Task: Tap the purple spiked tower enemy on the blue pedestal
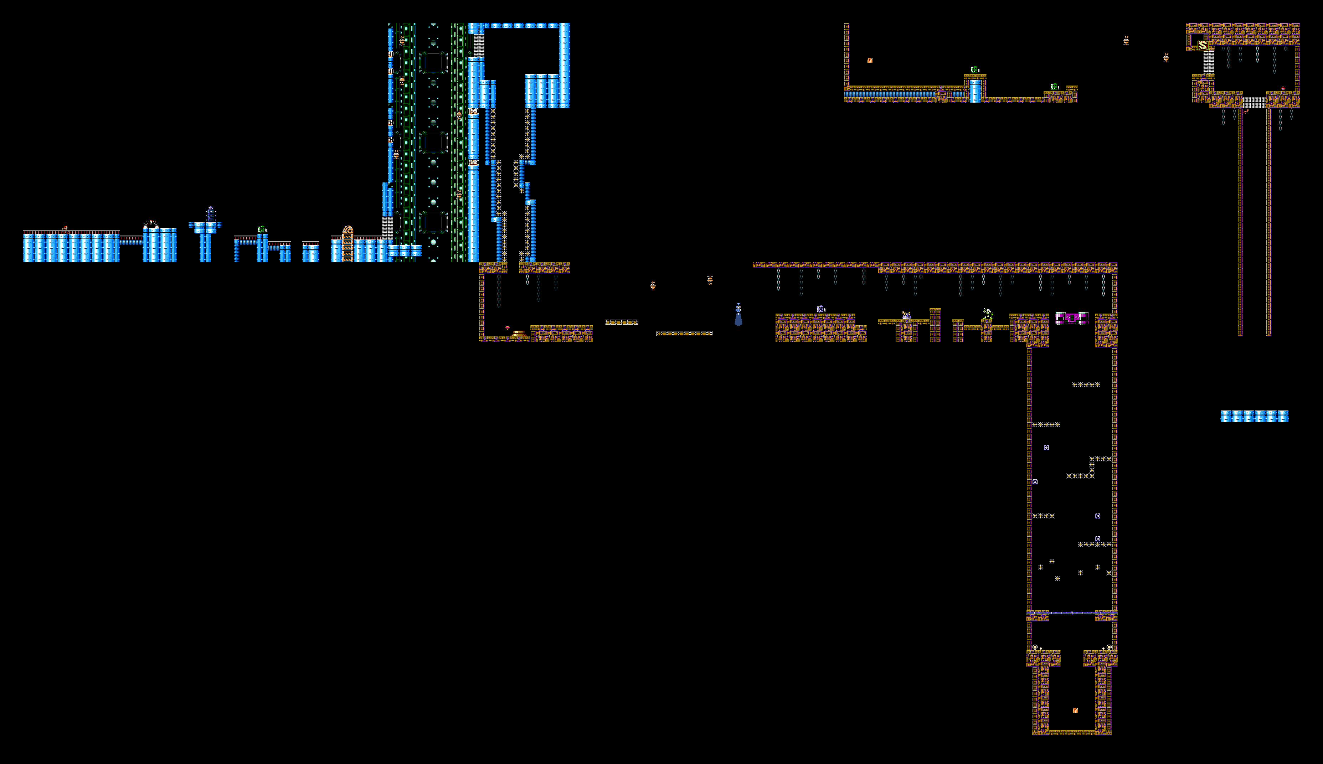210,214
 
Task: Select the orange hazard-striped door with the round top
348,244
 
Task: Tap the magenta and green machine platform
1072,318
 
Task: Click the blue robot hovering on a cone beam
738,314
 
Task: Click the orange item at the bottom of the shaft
1075,710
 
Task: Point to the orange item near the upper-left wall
870,60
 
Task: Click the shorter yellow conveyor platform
621,322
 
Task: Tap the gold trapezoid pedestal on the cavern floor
519,333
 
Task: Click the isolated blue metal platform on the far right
1254,416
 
